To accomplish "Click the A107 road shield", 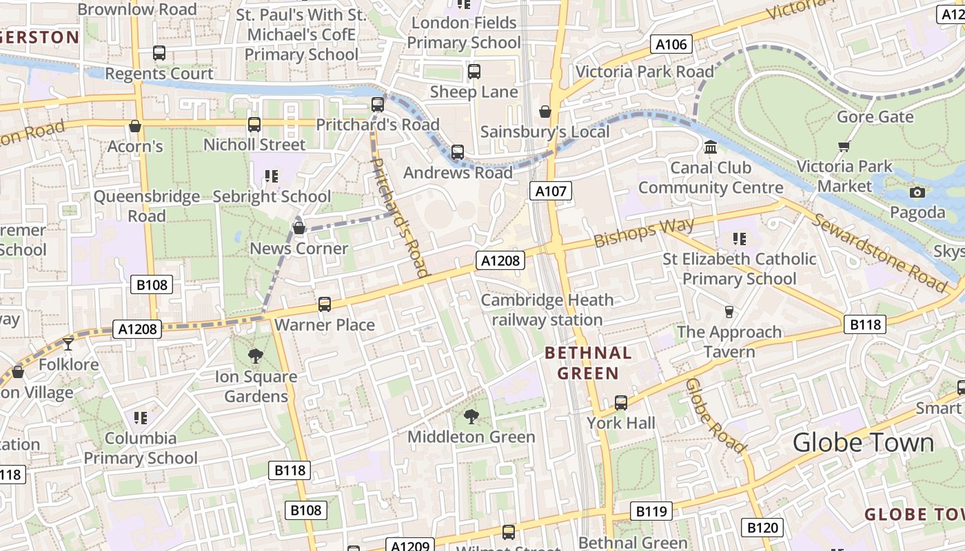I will [x=551, y=191].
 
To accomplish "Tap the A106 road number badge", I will [x=671, y=45].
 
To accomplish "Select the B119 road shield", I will [x=651, y=511].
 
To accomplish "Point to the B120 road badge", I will [x=762, y=528].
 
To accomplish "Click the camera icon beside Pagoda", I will [x=917, y=192].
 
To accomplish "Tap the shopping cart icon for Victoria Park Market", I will [x=844, y=146].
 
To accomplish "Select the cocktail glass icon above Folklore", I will [x=68, y=344].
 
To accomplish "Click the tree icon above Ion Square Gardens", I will [x=256, y=356].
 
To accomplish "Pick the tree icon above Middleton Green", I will [x=471, y=416].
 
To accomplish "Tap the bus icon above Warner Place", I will [x=324, y=304].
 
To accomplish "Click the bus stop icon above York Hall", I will [x=621, y=402].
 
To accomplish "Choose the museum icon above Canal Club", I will [x=711, y=147].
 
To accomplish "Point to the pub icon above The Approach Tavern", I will [x=729, y=312].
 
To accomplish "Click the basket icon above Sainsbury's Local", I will [x=545, y=112].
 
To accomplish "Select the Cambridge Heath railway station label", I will [x=547, y=310].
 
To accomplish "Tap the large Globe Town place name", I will [x=863, y=442].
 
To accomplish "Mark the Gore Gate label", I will [x=875, y=116].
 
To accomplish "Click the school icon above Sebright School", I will [x=271, y=176].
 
